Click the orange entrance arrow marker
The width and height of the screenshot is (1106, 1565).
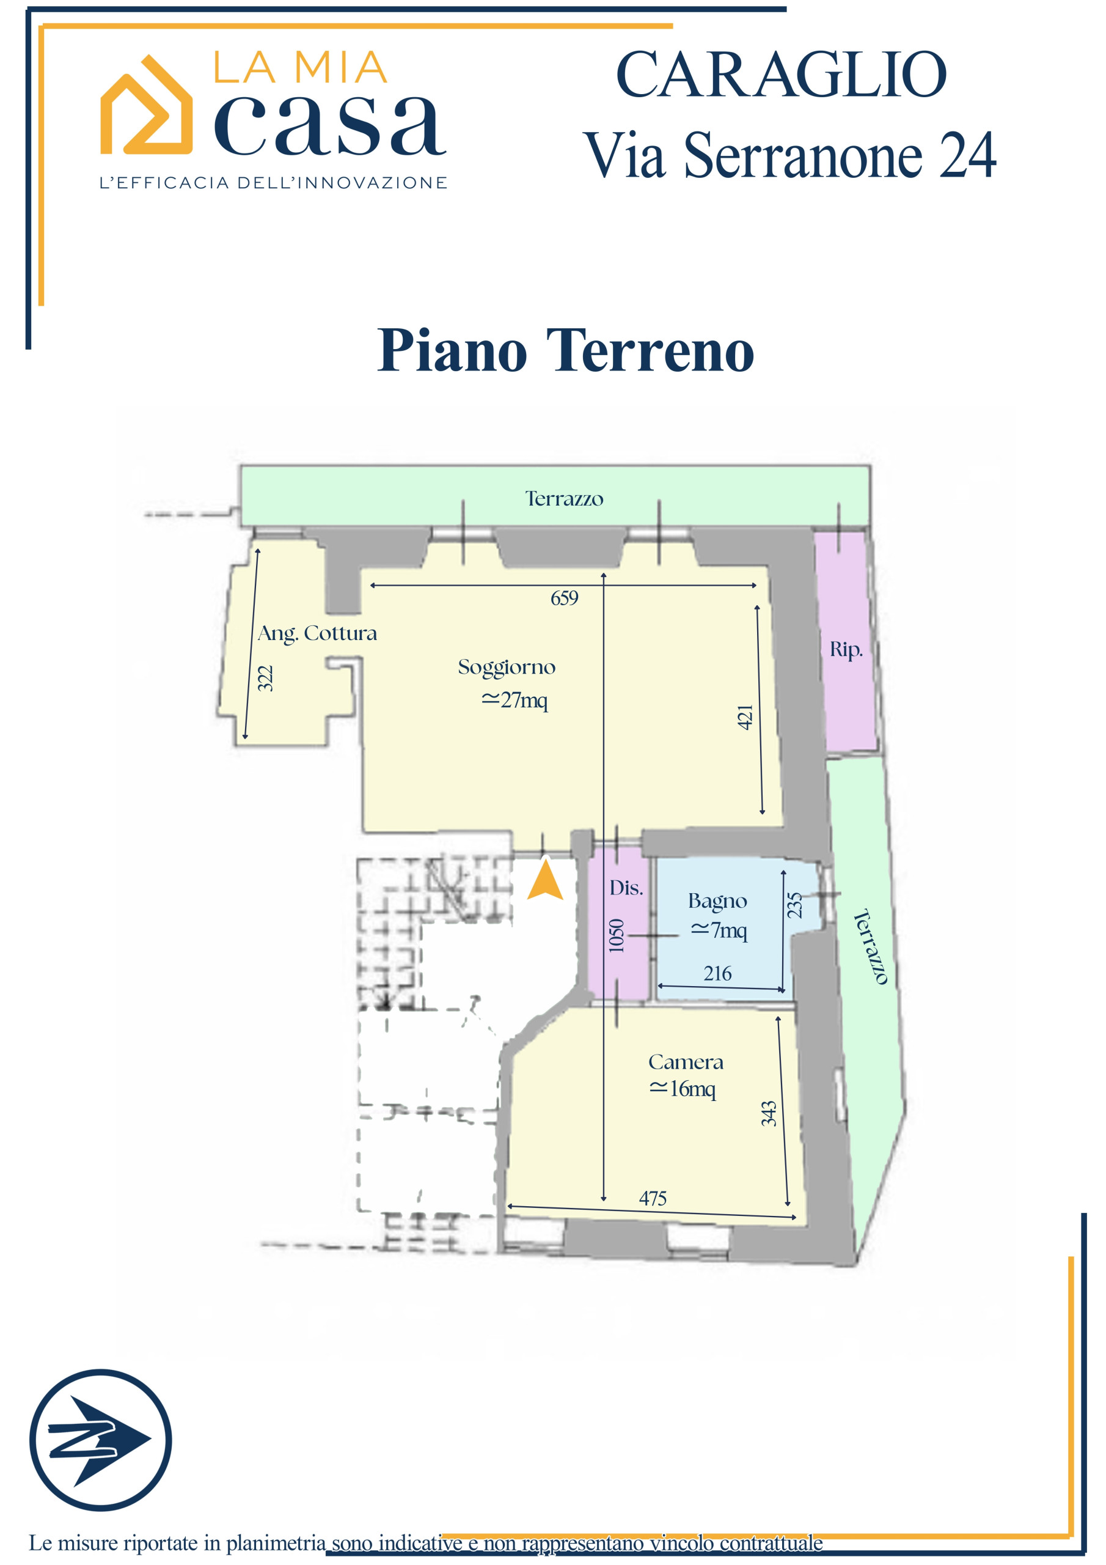click(545, 879)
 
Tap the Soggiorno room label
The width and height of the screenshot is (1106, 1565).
click(507, 668)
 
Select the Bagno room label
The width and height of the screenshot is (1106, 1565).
click(717, 901)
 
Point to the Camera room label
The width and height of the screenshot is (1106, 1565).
click(686, 1062)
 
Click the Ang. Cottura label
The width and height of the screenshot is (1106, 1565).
click(317, 634)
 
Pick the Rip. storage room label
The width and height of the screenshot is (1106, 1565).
click(846, 650)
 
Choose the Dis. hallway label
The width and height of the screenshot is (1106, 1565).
click(626, 888)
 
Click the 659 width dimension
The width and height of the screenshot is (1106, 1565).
click(564, 598)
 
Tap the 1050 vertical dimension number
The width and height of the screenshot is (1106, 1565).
click(616, 936)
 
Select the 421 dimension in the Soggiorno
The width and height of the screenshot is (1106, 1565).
click(745, 718)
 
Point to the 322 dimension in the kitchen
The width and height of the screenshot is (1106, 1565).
click(265, 679)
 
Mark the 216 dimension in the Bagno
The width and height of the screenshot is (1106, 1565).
click(717, 974)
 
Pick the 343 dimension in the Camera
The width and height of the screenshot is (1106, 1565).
click(769, 1114)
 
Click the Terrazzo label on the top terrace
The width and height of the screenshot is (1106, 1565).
click(564, 499)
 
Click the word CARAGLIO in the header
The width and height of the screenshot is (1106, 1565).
click(781, 75)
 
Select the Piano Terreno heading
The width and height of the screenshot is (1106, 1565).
click(566, 350)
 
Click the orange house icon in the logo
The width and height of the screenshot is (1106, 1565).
click(146, 105)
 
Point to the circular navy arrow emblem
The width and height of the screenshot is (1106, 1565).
click(100, 1440)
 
